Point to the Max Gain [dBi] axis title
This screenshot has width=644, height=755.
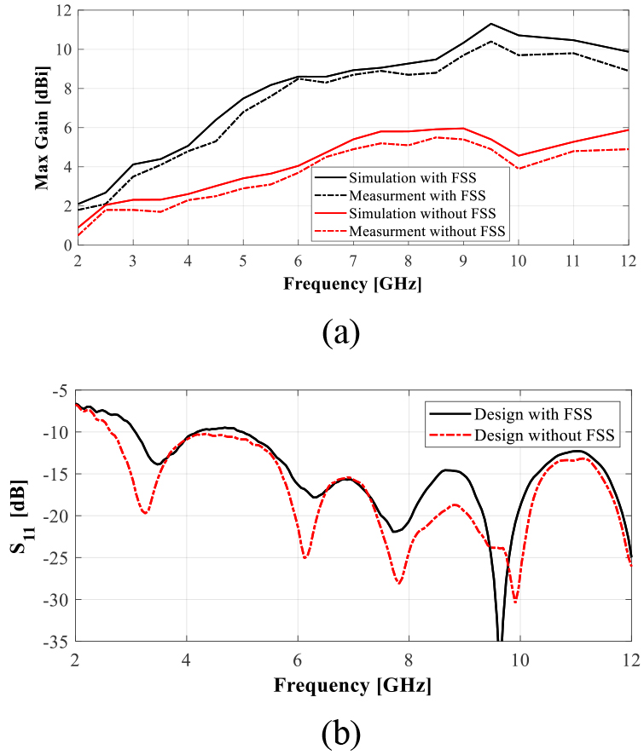[x=43, y=126]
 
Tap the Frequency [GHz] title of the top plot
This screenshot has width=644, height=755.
[x=352, y=282]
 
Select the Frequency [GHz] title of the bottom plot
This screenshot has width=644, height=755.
[x=352, y=685]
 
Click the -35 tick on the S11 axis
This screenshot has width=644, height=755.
[x=56, y=641]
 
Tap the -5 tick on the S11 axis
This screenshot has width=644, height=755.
[x=60, y=390]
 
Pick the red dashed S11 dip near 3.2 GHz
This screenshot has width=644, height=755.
[x=146, y=513]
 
